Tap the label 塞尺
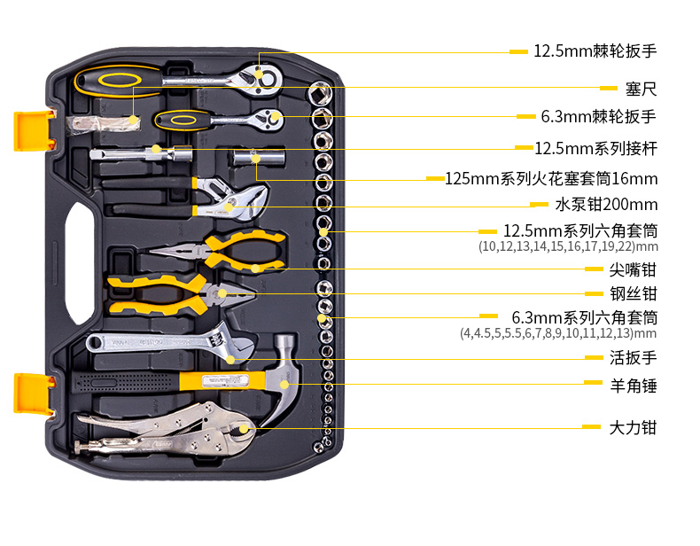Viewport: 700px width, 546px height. (x=640, y=89)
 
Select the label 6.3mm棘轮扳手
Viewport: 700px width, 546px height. (x=599, y=116)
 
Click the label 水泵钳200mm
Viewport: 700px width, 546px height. (x=606, y=204)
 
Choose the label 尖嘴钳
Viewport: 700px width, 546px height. (x=633, y=269)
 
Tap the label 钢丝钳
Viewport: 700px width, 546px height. (x=633, y=293)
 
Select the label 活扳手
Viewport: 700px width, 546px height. (x=633, y=358)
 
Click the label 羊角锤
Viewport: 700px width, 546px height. (x=633, y=386)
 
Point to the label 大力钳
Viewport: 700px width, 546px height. (x=633, y=427)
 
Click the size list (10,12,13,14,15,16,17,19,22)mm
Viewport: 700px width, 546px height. (x=568, y=246)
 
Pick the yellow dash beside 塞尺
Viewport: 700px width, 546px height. (x=608, y=89)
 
